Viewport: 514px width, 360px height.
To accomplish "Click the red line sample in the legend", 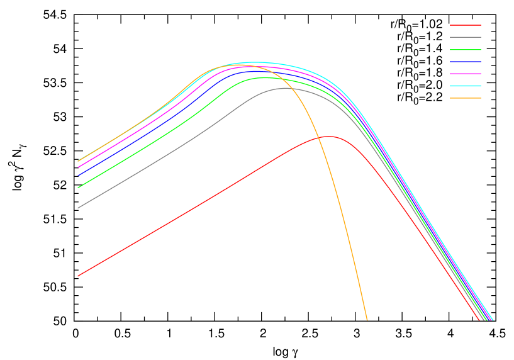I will coord(466,25).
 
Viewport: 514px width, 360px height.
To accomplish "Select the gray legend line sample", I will coord(466,37).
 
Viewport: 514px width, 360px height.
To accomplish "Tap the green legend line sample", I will coord(466,49).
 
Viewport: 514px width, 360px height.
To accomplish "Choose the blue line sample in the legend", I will coord(466,62).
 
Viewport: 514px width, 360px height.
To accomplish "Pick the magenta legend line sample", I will coord(466,74).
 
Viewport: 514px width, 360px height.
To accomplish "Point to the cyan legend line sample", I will coord(466,86).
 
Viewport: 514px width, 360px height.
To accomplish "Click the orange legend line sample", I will coord(466,98).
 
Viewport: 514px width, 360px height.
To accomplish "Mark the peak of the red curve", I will coord(328,136).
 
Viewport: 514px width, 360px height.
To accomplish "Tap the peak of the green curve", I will coord(264,77).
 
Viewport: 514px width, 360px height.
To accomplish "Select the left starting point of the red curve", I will coord(78,276).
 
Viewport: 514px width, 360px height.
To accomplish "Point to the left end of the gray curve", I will coord(78,208).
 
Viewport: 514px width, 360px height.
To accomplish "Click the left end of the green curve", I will coord(78,188).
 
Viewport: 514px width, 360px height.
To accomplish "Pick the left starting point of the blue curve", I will coord(78,174).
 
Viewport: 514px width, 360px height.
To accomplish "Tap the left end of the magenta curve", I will coord(78,167).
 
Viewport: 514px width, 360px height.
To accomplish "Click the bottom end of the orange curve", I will coord(367,320).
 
